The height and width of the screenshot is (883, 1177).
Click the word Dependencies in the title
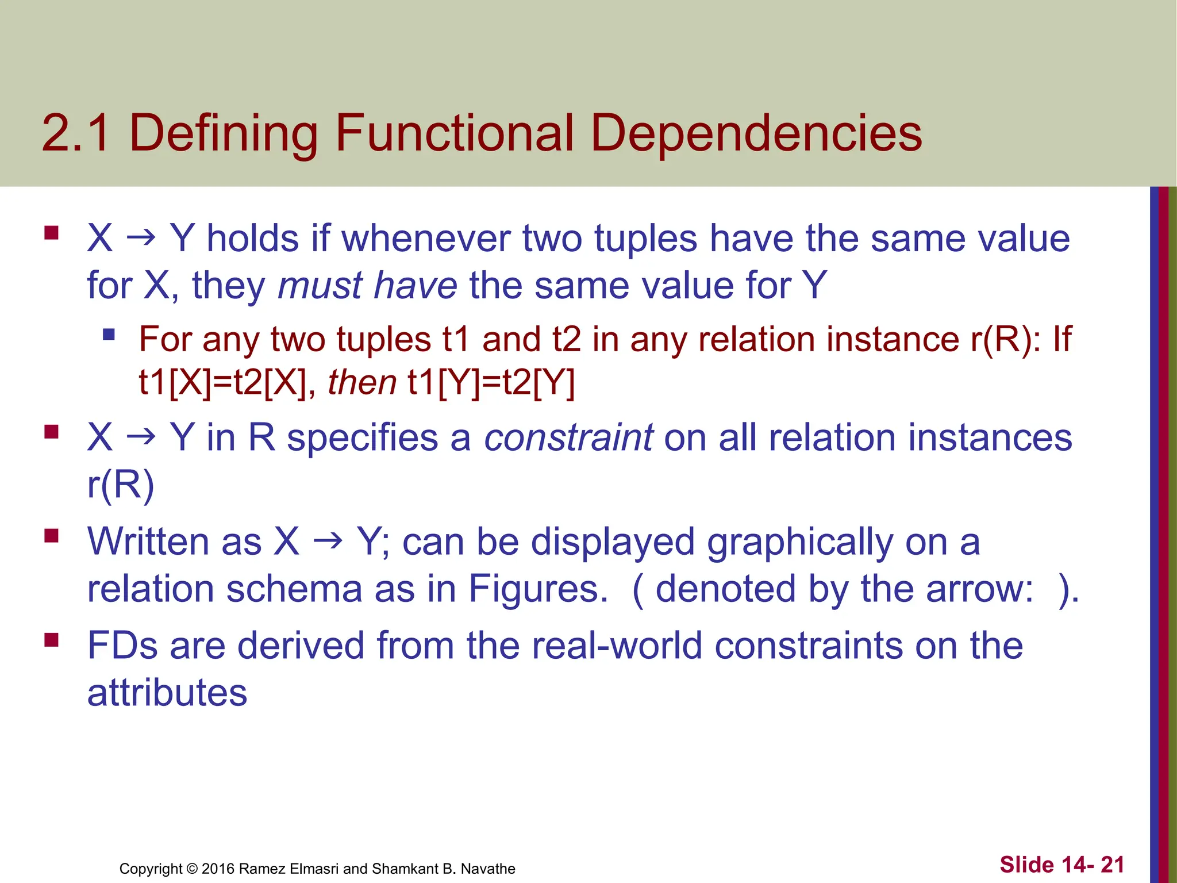point(756,133)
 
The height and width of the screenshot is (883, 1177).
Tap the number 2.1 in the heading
point(76,133)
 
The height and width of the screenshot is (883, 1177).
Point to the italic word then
point(361,382)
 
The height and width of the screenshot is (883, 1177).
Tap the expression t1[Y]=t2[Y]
point(491,382)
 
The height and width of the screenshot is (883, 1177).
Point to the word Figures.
point(538,589)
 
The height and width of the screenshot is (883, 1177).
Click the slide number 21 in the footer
point(1112,865)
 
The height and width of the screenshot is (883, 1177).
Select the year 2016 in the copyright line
point(218,869)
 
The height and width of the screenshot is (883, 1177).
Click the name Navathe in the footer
point(488,869)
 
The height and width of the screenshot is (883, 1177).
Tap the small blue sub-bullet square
point(109,334)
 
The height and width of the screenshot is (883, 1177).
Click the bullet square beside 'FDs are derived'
point(51,639)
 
